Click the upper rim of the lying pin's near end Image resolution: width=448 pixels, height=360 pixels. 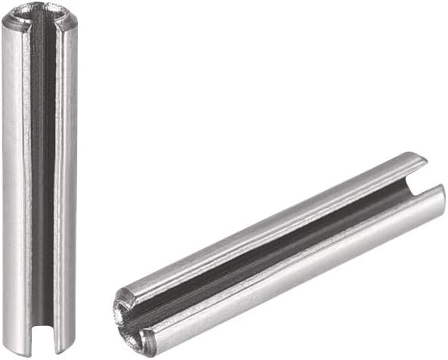click(x=125, y=291)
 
